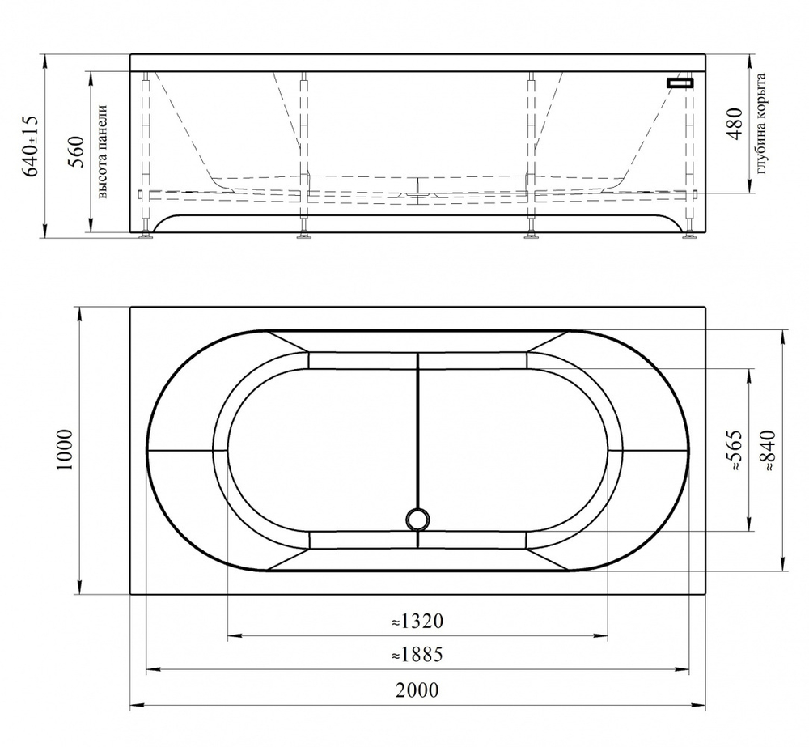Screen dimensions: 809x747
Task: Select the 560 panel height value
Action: point(76,152)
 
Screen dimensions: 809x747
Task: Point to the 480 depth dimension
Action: point(734,123)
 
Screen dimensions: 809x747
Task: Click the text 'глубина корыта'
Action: point(760,123)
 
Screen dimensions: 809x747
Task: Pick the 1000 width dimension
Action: point(66,450)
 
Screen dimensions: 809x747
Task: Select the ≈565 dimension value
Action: point(733,450)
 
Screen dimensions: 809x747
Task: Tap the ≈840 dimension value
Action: point(767,450)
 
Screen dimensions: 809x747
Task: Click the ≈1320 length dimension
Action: point(417,621)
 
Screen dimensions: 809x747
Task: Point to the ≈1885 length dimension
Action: point(417,655)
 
